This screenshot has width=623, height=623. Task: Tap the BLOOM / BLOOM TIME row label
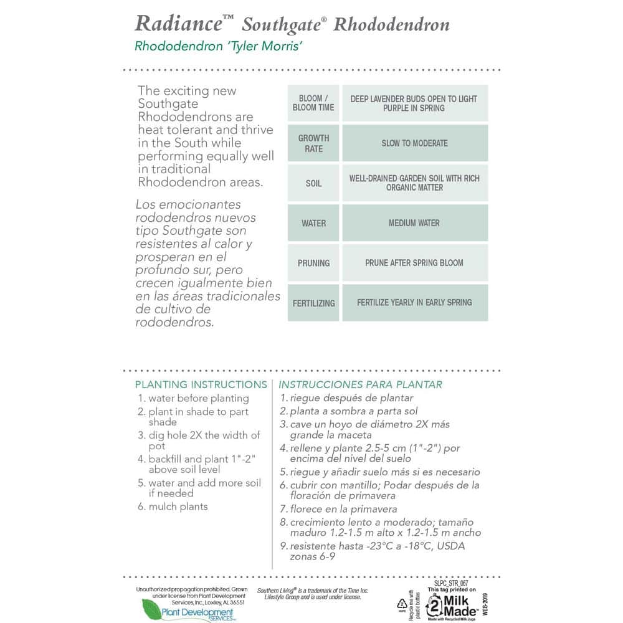pos(313,103)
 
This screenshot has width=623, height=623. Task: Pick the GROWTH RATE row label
pos(313,143)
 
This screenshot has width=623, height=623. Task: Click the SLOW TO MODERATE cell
pos(415,143)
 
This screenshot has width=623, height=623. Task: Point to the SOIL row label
pos(313,183)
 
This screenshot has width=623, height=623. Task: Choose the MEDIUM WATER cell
pos(414,223)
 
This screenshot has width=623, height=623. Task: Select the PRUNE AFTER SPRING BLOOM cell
pos(414,263)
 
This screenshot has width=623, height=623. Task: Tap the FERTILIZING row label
pos(313,303)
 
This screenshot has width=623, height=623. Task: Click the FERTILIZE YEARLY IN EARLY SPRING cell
pos(414,303)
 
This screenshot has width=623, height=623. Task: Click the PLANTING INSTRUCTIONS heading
pos(201,384)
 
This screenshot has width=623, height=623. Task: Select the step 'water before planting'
pos(198,398)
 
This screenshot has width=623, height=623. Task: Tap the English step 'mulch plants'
pos(178,506)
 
